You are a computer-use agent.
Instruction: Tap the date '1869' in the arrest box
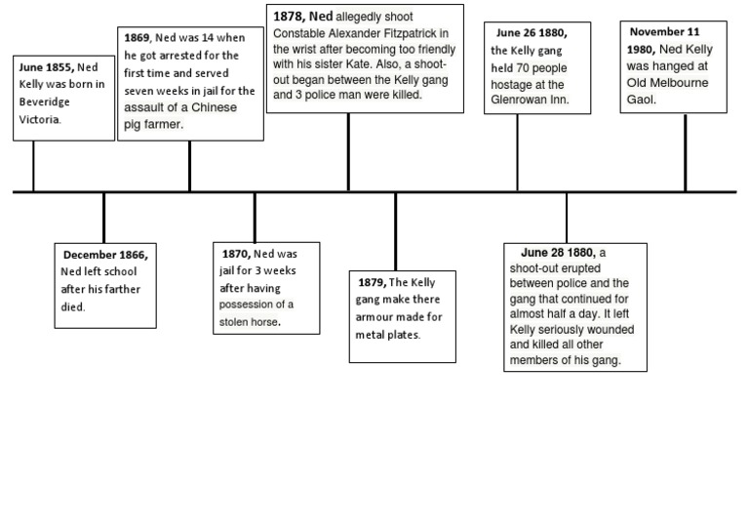pos(137,37)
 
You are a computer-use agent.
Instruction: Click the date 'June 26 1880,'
pos(531,33)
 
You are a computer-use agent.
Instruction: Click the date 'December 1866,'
pos(105,255)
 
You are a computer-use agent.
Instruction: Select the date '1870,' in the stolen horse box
pos(237,254)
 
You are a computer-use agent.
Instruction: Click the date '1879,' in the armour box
pos(373,282)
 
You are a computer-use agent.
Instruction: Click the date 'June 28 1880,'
pos(558,252)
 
